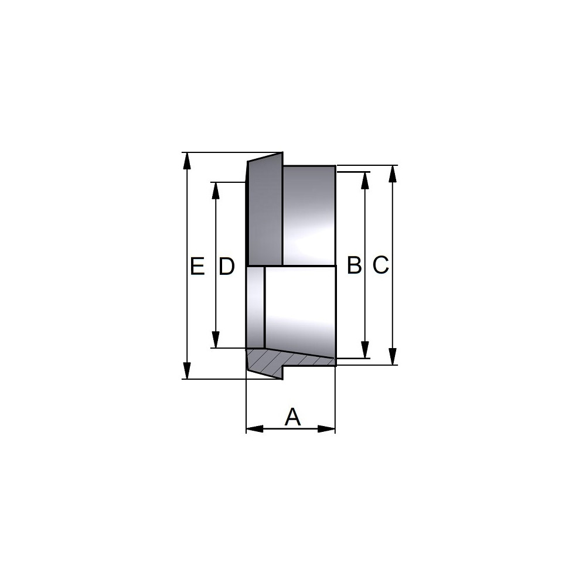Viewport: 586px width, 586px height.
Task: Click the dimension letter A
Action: click(x=292, y=417)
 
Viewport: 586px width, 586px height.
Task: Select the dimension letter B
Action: click(x=355, y=265)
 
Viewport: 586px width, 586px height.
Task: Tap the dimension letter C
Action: click(x=381, y=265)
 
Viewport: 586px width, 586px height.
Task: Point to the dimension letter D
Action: click(x=226, y=267)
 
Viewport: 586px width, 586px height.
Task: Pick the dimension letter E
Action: click(x=197, y=267)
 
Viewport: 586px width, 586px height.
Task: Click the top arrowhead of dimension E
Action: click(x=188, y=161)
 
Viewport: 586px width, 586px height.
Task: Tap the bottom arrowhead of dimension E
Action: click(x=188, y=370)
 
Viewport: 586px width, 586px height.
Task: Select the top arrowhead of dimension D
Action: click(x=215, y=191)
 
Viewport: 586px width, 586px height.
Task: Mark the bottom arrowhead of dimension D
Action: click(x=215, y=339)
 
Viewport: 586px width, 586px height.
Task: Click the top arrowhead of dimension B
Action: click(x=365, y=180)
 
